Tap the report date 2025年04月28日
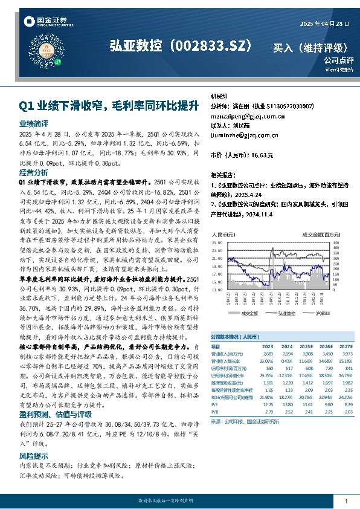(324, 24)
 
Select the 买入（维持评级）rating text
(311, 47)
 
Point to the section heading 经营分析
(30, 173)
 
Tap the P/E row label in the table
(216, 404)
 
